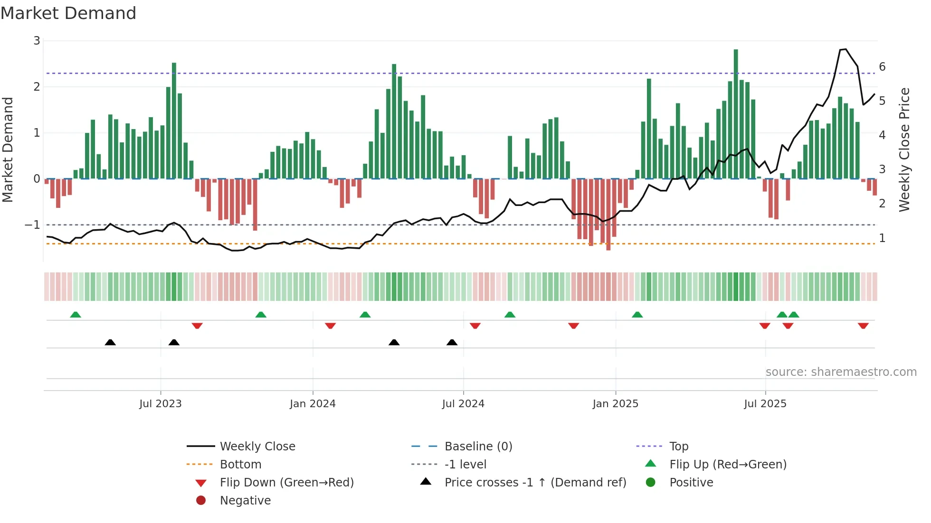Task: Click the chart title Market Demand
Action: pos(68,13)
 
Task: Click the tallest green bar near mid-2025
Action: pos(736,114)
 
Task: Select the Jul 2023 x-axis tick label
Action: pos(161,404)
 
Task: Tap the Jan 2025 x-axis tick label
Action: pos(616,404)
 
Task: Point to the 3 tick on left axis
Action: pos(37,41)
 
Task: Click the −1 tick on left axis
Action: pos(33,224)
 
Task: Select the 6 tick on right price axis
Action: pos(882,67)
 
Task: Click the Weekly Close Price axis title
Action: pos(904,149)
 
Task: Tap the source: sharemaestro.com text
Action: pos(841,372)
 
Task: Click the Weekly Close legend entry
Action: pos(257,447)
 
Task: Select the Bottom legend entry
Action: pos(240,465)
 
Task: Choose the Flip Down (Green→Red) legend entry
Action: pos(286,483)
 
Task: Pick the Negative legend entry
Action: pos(245,501)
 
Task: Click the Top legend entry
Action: pos(679,447)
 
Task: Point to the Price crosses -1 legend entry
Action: pos(535,483)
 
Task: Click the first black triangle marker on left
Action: pos(110,342)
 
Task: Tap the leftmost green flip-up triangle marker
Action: pos(76,315)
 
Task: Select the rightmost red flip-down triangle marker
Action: pos(863,326)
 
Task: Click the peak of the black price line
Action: pos(845,49)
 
